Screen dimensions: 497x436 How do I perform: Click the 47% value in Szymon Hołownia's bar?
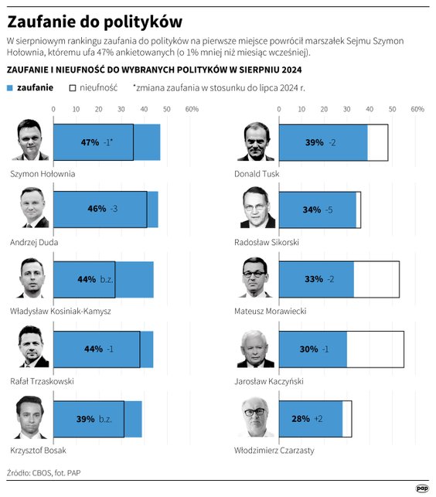[90, 142]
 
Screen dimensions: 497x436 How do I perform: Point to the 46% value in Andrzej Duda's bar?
[97, 209]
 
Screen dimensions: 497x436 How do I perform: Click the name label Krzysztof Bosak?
[37, 450]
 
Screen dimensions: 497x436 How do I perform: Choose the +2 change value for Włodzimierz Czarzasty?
[318, 418]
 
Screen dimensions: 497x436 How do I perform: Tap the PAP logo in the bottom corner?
[422, 488]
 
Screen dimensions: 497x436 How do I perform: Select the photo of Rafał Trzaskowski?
[31, 349]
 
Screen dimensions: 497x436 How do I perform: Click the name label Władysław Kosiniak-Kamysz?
[60, 311]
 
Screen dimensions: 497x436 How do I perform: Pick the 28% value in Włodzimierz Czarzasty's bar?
[301, 418]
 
